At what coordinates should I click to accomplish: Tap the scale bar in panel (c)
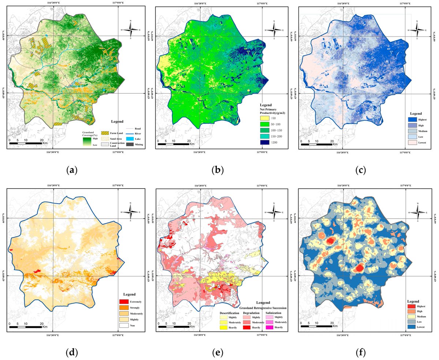pyautogui.click(x=316, y=144)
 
